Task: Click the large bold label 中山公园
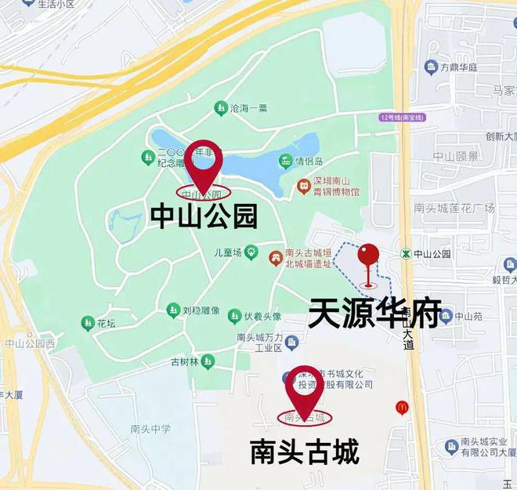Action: pos(204,216)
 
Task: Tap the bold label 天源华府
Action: pos(374,313)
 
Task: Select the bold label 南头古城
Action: pos(305,452)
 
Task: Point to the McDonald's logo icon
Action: pos(402,408)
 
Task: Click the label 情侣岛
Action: pos(309,162)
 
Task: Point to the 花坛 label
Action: pos(106,322)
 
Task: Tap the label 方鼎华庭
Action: pos(458,67)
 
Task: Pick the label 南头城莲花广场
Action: pos(454,208)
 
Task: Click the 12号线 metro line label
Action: pos(400,118)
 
